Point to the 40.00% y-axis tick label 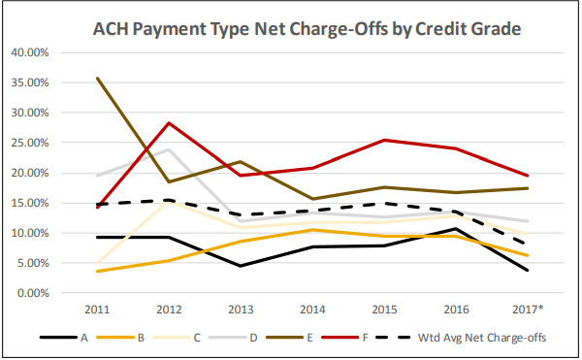pos(35,52)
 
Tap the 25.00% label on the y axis pos(35,143)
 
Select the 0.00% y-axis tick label pos(37,293)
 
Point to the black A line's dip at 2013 pos(242,266)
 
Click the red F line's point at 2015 pos(384,140)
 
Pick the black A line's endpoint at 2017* pos(527,270)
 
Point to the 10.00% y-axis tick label pos(35,233)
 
